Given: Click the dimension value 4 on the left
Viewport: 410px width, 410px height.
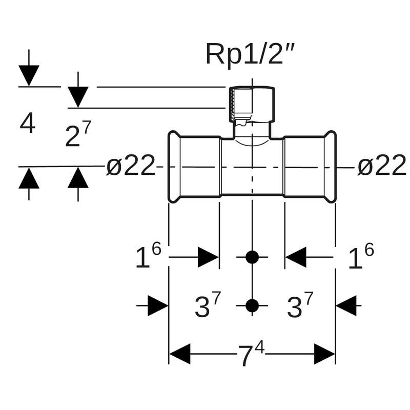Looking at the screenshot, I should coord(28,124).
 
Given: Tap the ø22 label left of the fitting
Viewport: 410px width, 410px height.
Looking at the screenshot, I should coord(130,167).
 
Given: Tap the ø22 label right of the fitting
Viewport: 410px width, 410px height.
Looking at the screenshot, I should coord(382,167).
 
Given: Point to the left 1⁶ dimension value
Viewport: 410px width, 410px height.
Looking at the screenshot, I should coord(148,256).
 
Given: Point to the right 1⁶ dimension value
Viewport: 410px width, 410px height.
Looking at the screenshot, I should coord(361,256).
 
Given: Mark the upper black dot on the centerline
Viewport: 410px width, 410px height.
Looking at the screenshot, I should coord(252,257).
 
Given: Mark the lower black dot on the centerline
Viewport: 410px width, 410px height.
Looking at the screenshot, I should coord(252,306).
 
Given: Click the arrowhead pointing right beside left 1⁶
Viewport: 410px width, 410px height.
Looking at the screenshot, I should coord(208,257).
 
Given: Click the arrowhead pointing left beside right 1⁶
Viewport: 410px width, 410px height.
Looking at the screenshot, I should coord(296,257).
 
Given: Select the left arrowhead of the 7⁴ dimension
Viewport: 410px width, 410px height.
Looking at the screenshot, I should coord(179,354).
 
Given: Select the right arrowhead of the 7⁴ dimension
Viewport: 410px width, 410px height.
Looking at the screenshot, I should coord(325,354).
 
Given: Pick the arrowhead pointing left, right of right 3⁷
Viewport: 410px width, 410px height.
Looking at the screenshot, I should coord(346,306).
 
